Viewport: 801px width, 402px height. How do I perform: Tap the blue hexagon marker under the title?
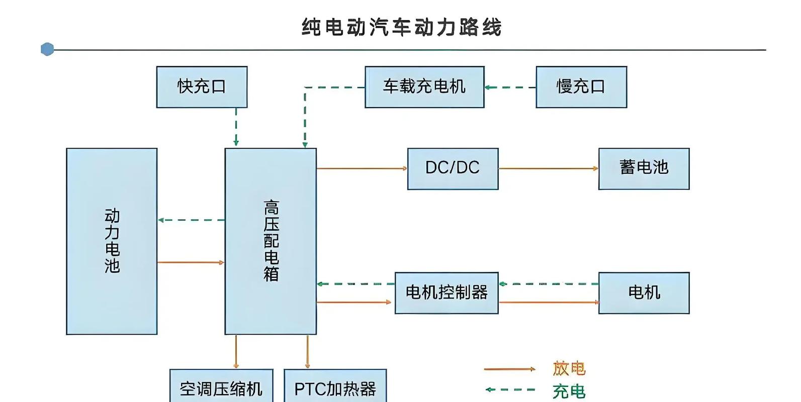point(47,49)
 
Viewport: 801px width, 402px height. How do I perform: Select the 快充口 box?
point(202,86)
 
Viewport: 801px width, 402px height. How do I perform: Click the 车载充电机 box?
point(424,86)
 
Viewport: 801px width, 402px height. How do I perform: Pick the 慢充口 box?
point(581,86)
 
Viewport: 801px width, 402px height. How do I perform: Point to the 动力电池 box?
point(112,241)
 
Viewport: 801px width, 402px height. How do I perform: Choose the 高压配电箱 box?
point(271,241)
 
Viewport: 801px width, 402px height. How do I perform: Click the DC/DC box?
point(453,168)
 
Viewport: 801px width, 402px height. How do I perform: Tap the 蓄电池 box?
point(644,168)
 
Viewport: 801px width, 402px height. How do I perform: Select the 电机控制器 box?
point(447,293)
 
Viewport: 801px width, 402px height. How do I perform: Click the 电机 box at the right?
point(644,293)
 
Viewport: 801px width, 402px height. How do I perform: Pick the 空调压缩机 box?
point(221,387)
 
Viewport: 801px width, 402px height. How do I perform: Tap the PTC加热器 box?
point(335,387)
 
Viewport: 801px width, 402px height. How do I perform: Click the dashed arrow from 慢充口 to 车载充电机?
point(510,87)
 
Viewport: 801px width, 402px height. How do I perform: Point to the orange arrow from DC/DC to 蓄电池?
point(548,168)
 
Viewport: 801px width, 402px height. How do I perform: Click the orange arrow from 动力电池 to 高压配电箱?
point(191,262)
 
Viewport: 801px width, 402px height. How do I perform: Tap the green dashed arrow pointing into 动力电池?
point(191,220)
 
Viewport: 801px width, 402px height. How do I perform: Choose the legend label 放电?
point(569,368)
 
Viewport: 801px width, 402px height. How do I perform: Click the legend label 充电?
point(569,391)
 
